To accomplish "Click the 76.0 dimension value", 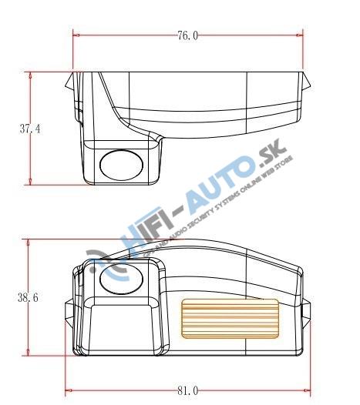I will [187, 35].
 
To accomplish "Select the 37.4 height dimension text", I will [30, 129].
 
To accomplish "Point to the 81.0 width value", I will [187, 391].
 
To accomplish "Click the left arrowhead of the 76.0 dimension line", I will [77, 35].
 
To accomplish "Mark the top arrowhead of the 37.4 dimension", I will [30, 75].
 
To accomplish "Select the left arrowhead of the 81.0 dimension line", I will [69, 391].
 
